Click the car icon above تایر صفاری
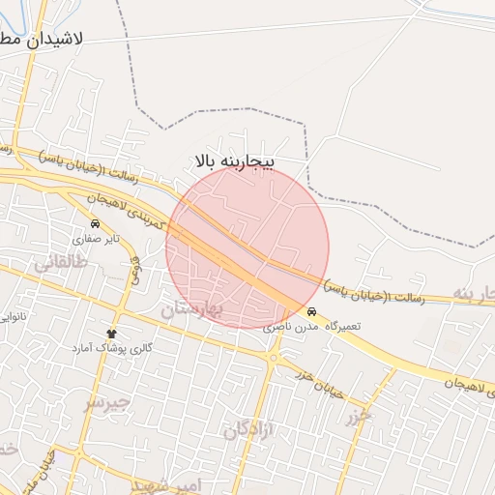click(94, 223)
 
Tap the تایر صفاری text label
click(100, 238)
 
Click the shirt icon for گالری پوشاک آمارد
click(112, 332)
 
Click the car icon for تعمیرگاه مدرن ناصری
click(311, 312)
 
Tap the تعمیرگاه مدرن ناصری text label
click(312, 327)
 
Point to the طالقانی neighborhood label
click(60, 262)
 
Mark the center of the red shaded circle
click(247, 247)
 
